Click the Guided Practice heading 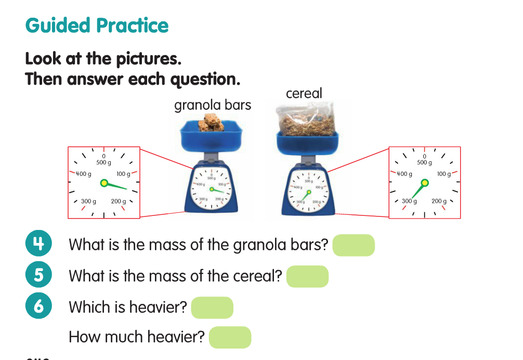97,25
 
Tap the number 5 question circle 38,275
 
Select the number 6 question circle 38,306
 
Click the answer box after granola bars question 354,245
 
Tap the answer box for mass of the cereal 307,276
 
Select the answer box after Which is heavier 212,307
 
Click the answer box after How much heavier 230,337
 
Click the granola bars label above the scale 212,106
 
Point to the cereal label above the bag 304,94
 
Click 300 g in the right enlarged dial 409,201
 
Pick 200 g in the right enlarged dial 439,201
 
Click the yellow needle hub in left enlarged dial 104,183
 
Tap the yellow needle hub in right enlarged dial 425,183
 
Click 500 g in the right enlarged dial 424,162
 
